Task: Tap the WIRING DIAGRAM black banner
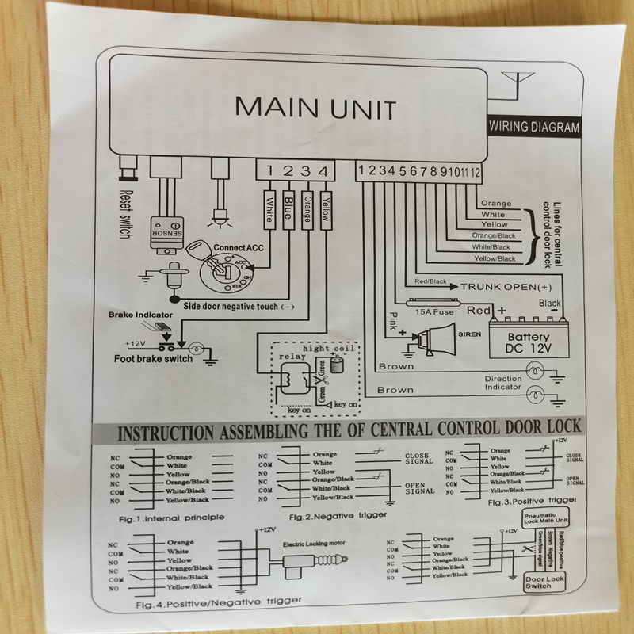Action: [533, 126]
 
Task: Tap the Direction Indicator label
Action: [503, 383]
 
